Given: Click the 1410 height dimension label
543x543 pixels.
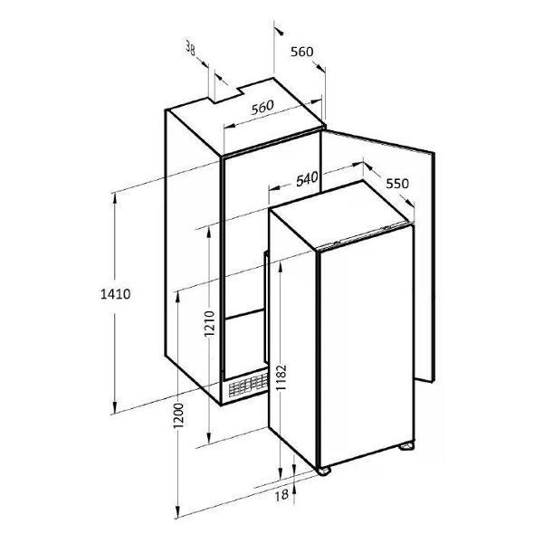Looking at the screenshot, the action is [115, 294].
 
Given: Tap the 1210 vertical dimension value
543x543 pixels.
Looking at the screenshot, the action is [210, 323].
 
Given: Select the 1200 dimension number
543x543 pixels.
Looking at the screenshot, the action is [178, 415].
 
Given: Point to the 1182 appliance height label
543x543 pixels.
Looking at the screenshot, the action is [281, 377].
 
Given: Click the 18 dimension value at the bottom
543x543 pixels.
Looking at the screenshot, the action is [281, 495].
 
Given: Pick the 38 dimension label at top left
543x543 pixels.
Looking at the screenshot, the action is [190, 48].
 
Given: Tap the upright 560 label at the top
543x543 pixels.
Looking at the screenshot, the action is [302, 52].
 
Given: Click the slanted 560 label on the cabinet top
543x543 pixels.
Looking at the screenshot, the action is [262, 108].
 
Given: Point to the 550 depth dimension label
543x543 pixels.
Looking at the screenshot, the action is [397, 183].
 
